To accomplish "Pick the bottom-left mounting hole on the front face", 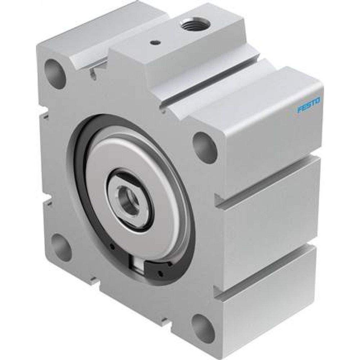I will click(x=62, y=245).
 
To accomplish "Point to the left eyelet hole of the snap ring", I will click(x=113, y=247).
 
